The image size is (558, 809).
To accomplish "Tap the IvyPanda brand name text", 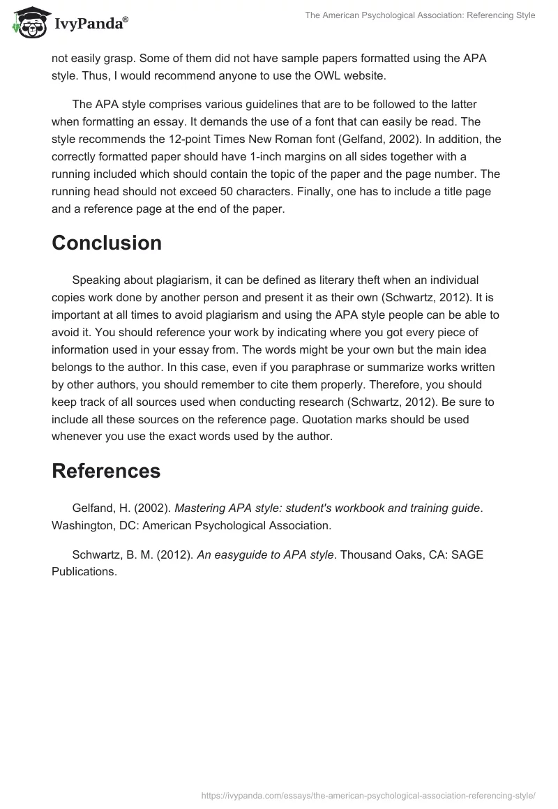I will [91, 24].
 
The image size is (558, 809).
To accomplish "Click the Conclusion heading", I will [107, 243].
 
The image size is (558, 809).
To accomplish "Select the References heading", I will [106, 471].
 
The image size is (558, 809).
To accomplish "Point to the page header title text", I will [420, 15].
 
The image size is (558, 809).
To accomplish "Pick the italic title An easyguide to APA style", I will [266, 554].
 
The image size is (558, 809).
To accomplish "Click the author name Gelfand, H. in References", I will [98, 508].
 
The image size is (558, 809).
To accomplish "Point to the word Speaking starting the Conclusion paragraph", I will [97, 280].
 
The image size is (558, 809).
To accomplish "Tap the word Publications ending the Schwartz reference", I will [84, 572].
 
